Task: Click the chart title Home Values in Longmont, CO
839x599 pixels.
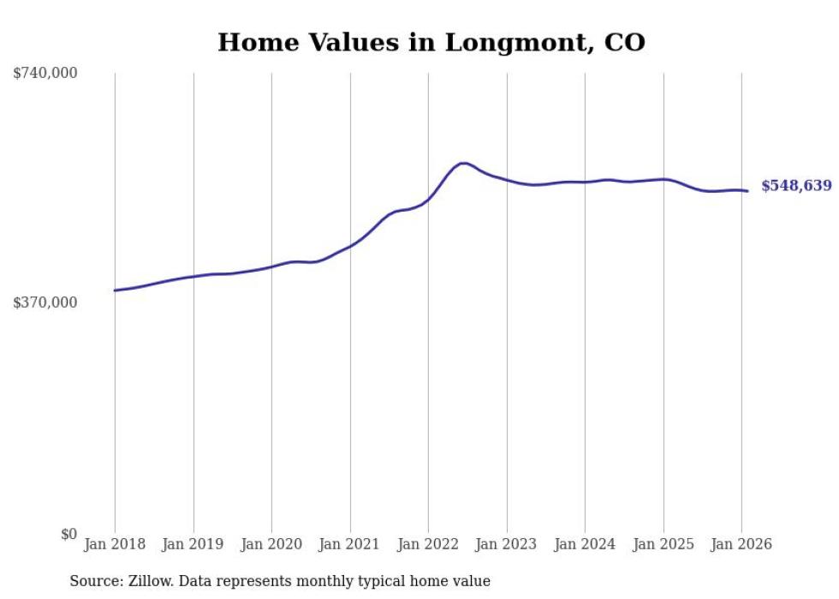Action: click(431, 42)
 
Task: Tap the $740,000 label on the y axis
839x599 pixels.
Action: click(45, 74)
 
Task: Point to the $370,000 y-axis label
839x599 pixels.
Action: click(45, 302)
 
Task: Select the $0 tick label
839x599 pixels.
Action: click(68, 534)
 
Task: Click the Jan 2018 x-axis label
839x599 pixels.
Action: click(115, 545)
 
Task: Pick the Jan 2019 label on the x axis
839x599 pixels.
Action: click(193, 545)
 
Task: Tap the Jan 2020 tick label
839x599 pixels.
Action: click(271, 545)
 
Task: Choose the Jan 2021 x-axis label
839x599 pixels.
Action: click(350, 545)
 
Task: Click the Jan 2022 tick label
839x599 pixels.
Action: click(428, 545)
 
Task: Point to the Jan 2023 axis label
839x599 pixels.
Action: click(507, 545)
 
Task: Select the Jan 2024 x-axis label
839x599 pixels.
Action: click(585, 545)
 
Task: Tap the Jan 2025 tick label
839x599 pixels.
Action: click(663, 545)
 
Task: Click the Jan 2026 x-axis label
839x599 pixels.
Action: click(741, 545)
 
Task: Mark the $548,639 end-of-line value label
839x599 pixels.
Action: click(795, 186)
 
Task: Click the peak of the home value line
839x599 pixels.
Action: click(463, 163)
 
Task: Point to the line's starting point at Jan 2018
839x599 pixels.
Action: click(115, 291)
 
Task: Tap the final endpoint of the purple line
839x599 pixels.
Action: click(747, 191)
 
